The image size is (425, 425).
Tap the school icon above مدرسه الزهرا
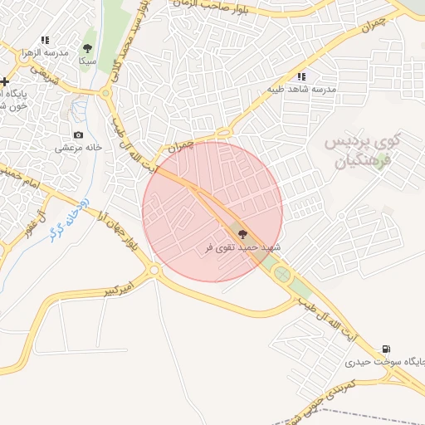45,39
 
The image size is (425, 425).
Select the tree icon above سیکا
88,48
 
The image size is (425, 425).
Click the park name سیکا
87,61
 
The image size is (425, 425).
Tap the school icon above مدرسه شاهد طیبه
301,76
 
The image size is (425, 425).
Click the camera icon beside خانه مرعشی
78,134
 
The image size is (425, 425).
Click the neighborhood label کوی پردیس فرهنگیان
363,149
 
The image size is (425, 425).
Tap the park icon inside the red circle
242,235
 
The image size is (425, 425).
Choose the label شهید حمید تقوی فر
242,248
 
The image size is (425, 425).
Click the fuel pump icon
386,349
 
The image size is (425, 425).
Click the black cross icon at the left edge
5,81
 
